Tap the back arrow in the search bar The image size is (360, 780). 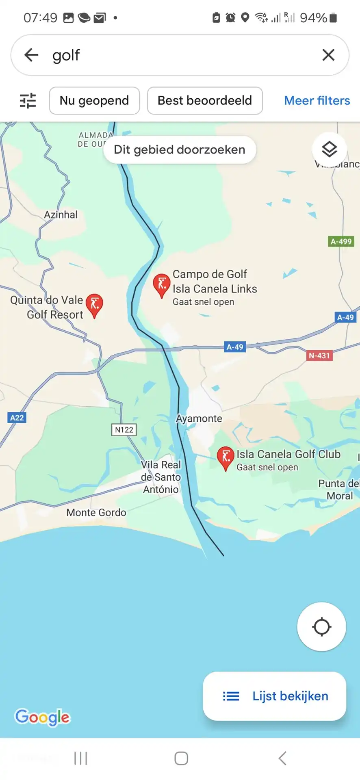tap(31, 55)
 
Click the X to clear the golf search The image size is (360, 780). tap(328, 55)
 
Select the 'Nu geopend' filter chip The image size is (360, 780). tap(94, 101)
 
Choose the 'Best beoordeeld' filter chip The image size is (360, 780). tap(205, 101)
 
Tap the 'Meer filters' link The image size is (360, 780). tap(317, 101)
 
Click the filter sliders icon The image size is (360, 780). tap(28, 101)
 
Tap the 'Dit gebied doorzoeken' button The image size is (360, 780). tap(180, 150)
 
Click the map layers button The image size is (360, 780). tap(329, 149)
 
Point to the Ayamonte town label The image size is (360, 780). tap(199, 418)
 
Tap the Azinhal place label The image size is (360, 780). tap(61, 214)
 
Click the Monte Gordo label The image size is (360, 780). tap(96, 513)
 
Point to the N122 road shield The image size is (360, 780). tap(124, 430)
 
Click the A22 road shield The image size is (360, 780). tap(17, 418)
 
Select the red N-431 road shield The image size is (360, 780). tap(319, 356)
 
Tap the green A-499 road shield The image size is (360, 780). tap(341, 242)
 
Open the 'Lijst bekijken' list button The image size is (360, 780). tap(275, 696)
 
